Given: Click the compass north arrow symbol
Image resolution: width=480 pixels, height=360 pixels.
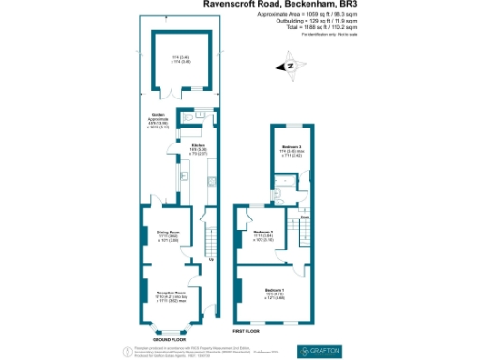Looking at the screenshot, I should pos(290,66).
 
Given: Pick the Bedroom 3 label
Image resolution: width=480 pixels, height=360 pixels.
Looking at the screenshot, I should pos(292,147).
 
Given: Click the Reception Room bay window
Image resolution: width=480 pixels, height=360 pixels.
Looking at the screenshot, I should pos(168,328).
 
